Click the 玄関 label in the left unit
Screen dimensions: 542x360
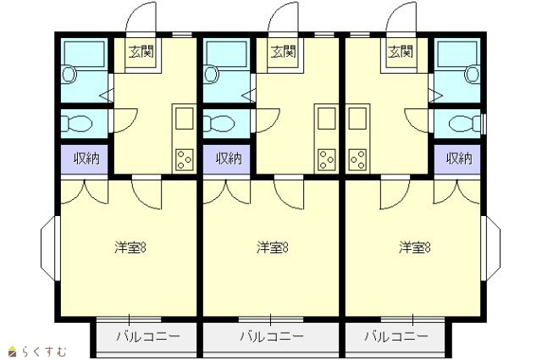tap(141, 52)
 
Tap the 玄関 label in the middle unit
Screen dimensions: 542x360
tap(284, 52)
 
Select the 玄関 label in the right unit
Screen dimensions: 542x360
tap(401, 52)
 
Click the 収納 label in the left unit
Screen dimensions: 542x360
tap(86, 158)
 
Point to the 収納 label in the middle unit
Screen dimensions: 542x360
tap(229, 158)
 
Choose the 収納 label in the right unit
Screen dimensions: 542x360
tap(459, 158)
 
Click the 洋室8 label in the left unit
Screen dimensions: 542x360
tap(130, 248)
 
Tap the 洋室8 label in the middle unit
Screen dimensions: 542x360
tap(273, 248)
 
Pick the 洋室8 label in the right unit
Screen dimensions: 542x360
tap(414, 248)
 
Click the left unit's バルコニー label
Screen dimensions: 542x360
tap(148, 336)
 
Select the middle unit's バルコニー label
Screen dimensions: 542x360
tap(272, 336)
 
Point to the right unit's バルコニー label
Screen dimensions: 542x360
tap(396, 336)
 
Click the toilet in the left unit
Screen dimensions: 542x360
tap(76, 124)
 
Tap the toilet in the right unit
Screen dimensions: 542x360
tap(465, 124)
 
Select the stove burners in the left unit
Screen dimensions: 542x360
tap(185, 159)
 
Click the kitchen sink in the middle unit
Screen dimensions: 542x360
tap(327, 119)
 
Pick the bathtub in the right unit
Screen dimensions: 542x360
tap(457, 54)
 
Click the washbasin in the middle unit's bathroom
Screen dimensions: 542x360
tap(211, 75)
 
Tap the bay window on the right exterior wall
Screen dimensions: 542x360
tap(490, 248)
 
